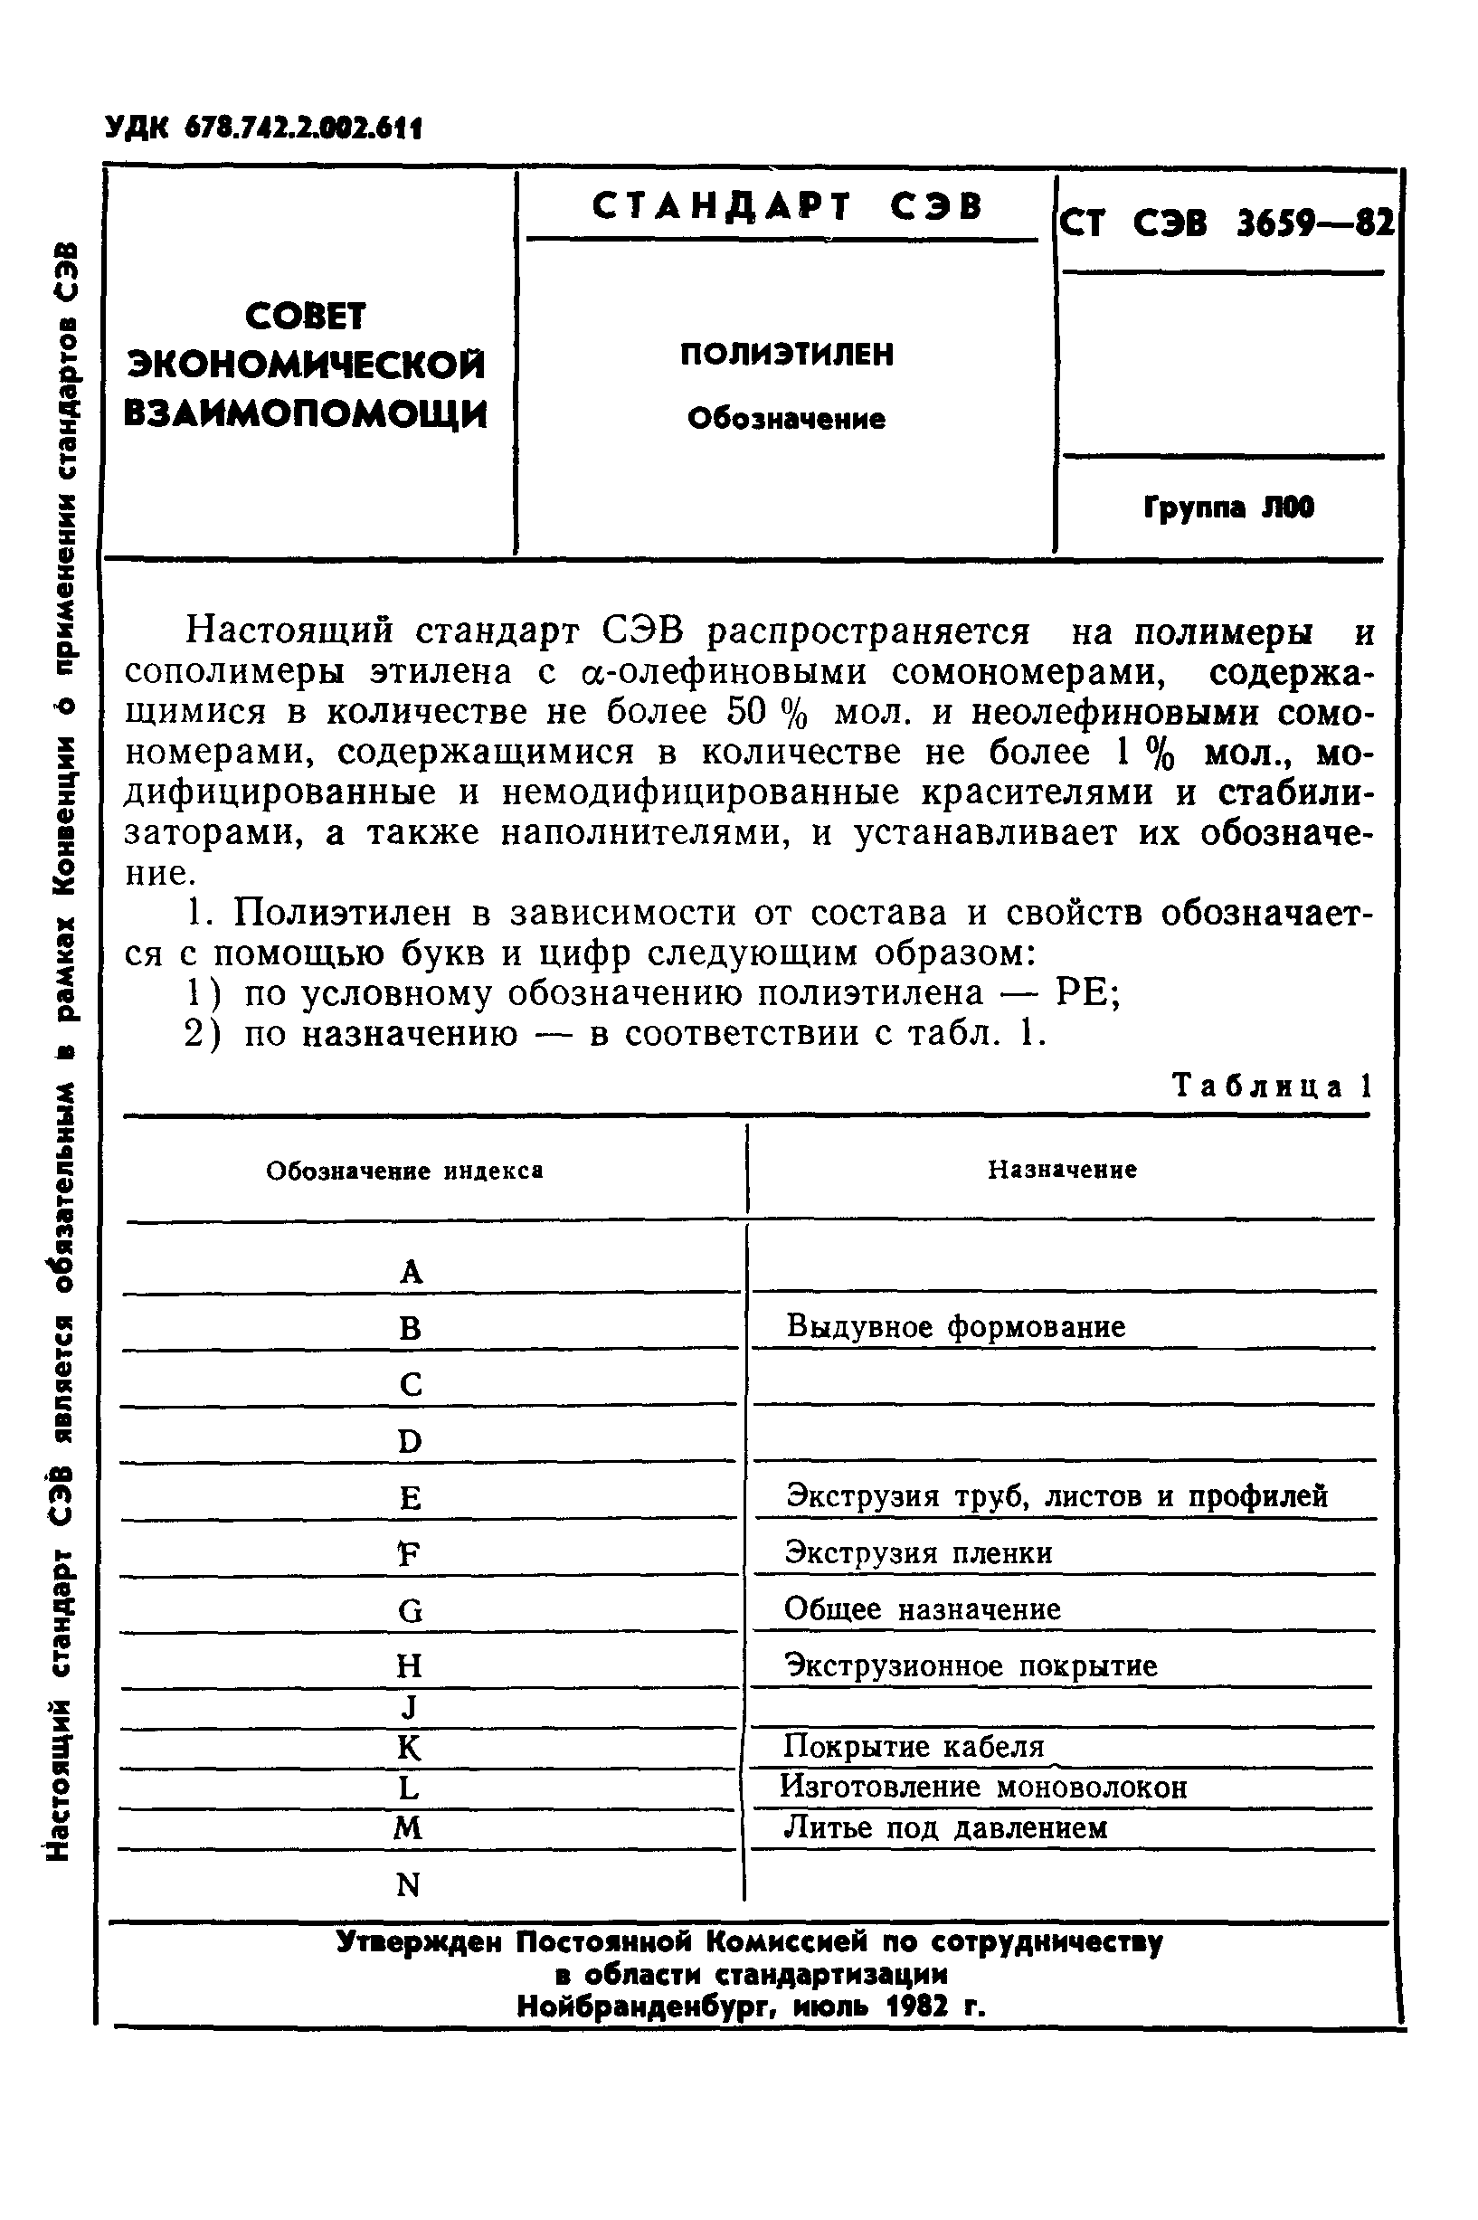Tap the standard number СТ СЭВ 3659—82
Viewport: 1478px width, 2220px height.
coord(1226,223)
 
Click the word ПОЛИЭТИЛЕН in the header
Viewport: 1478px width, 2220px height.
coord(787,355)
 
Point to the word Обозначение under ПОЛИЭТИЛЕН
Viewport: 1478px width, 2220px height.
coord(787,419)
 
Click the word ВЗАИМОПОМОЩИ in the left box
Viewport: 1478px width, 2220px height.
coord(307,414)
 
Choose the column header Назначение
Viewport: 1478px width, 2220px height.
coord(1062,1170)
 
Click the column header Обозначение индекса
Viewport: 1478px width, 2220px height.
coord(404,1171)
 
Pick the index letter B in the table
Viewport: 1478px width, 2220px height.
coord(410,1328)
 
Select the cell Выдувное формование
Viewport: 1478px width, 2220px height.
coord(956,1327)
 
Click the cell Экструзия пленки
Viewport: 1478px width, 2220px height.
coord(919,1552)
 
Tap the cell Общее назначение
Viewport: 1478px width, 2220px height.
coord(923,1608)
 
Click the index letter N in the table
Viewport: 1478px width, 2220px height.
coord(408,1884)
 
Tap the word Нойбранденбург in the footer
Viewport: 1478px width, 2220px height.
coord(645,2006)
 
